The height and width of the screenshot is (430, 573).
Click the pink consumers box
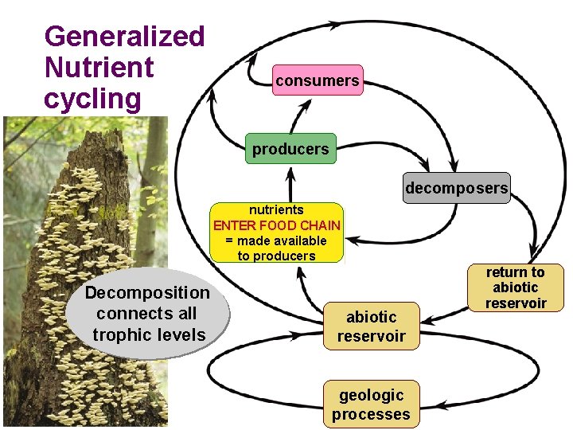point(318,80)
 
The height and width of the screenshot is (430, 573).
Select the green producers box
point(290,149)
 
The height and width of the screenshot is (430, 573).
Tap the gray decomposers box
point(457,189)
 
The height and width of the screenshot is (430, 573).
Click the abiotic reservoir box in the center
point(371,326)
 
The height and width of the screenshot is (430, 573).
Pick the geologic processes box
point(371,405)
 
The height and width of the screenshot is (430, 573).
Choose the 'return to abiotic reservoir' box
point(515,287)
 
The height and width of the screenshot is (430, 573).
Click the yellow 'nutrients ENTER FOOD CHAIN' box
point(276,233)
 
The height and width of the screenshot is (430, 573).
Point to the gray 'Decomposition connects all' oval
point(148,314)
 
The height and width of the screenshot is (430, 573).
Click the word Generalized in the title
point(125,36)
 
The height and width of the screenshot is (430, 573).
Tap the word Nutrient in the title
point(99,68)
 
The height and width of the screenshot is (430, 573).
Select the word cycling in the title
point(93,100)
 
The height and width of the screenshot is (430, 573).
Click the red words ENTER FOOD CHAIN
point(276,225)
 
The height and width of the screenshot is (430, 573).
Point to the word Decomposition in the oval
point(148,293)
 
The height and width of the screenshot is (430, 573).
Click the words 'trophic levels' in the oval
point(149,334)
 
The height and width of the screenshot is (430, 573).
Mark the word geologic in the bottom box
point(372,395)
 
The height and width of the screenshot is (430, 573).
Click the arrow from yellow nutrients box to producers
point(291,184)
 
